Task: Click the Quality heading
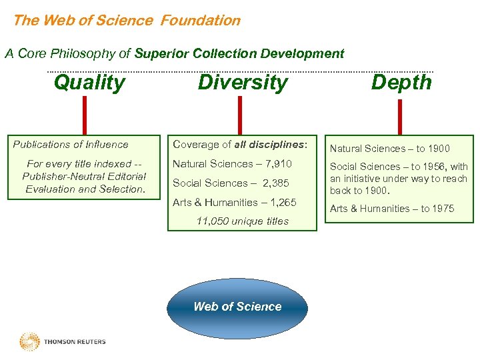click(x=89, y=83)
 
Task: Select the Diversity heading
click(x=243, y=83)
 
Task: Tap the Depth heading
click(x=401, y=82)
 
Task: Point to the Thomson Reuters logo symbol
click(x=29, y=342)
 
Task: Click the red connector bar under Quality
click(x=85, y=115)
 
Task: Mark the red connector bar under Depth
click(x=399, y=117)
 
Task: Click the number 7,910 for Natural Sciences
click(x=276, y=164)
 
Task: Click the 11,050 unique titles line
click(x=242, y=221)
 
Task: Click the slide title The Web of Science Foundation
click(x=127, y=20)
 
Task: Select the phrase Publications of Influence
click(x=71, y=144)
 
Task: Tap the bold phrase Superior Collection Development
click(x=239, y=54)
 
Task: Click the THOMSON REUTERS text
click(x=75, y=342)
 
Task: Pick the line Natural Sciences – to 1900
click(x=390, y=149)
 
